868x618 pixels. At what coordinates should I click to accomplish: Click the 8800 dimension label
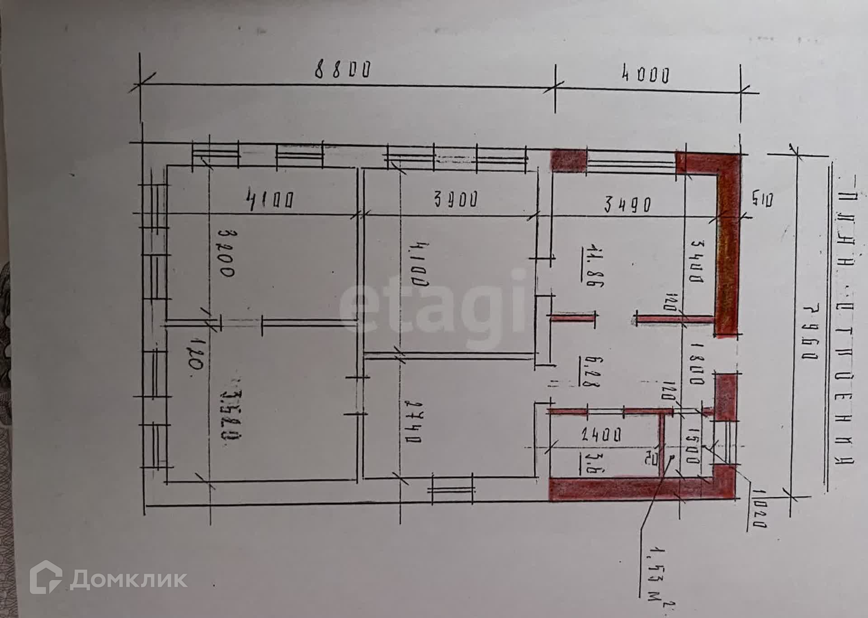click(x=343, y=70)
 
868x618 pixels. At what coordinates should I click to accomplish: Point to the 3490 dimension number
click(x=628, y=205)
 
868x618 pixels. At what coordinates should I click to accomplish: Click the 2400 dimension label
click(x=601, y=435)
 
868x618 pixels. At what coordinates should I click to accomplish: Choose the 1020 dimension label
click(x=758, y=508)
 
